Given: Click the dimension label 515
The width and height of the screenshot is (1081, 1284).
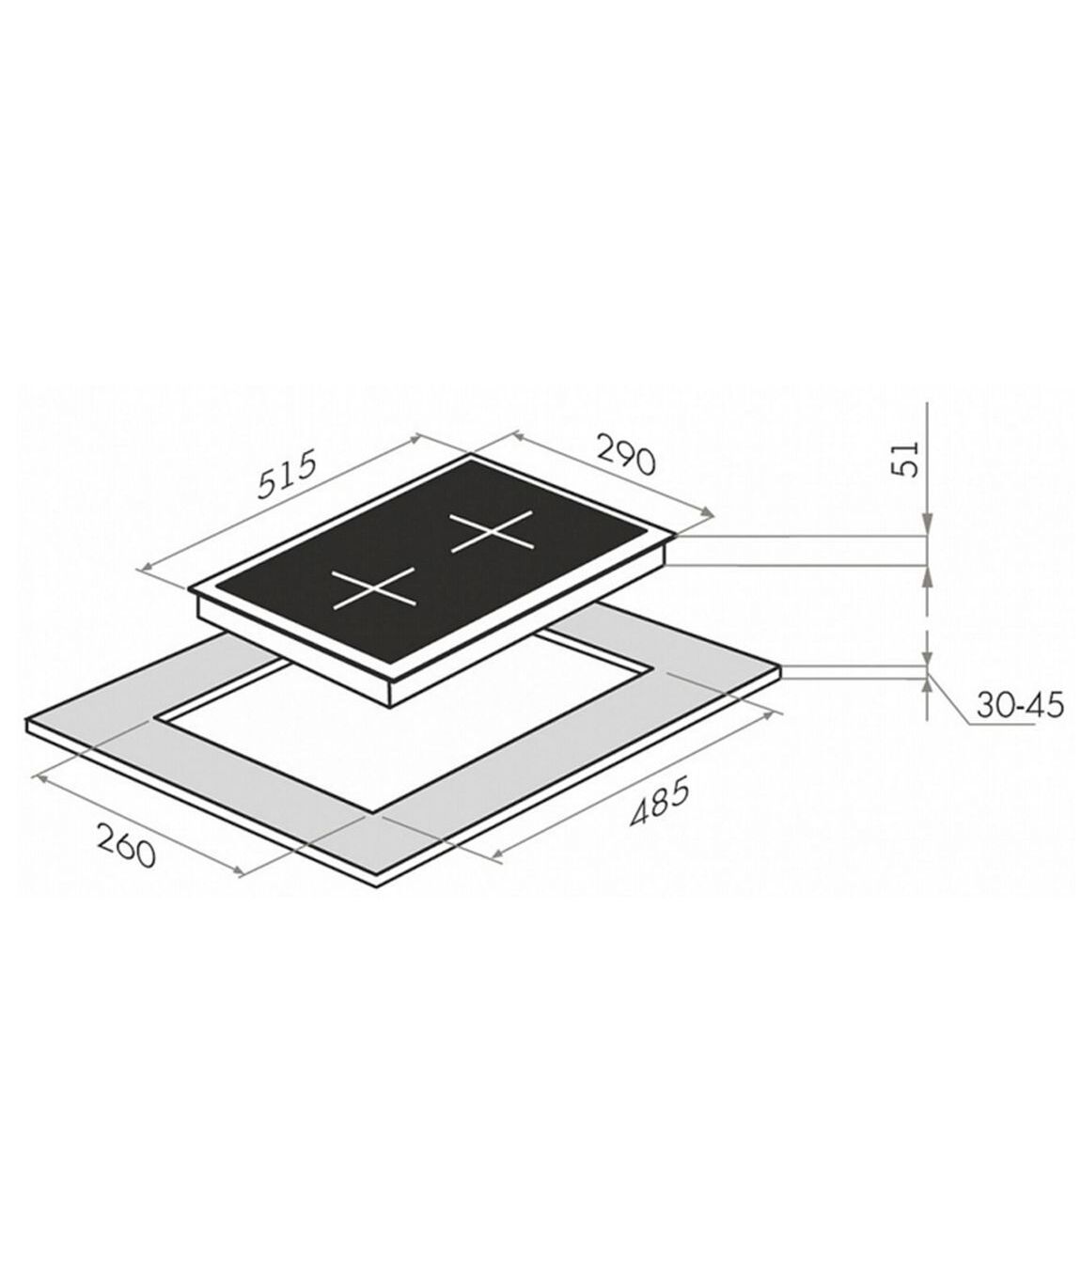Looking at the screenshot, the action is click(x=287, y=474).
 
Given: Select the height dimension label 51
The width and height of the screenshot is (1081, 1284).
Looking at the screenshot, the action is click(x=905, y=458).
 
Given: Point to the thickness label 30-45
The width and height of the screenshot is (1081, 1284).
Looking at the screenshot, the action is click(x=1020, y=705).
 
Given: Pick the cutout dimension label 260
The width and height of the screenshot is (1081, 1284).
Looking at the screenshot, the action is click(x=126, y=846).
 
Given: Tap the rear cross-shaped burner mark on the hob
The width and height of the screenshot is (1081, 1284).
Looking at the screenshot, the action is click(x=492, y=531).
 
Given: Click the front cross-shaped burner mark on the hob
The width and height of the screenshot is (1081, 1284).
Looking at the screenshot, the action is click(x=374, y=588).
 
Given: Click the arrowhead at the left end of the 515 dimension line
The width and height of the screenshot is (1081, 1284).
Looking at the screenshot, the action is click(x=145, y=570).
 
